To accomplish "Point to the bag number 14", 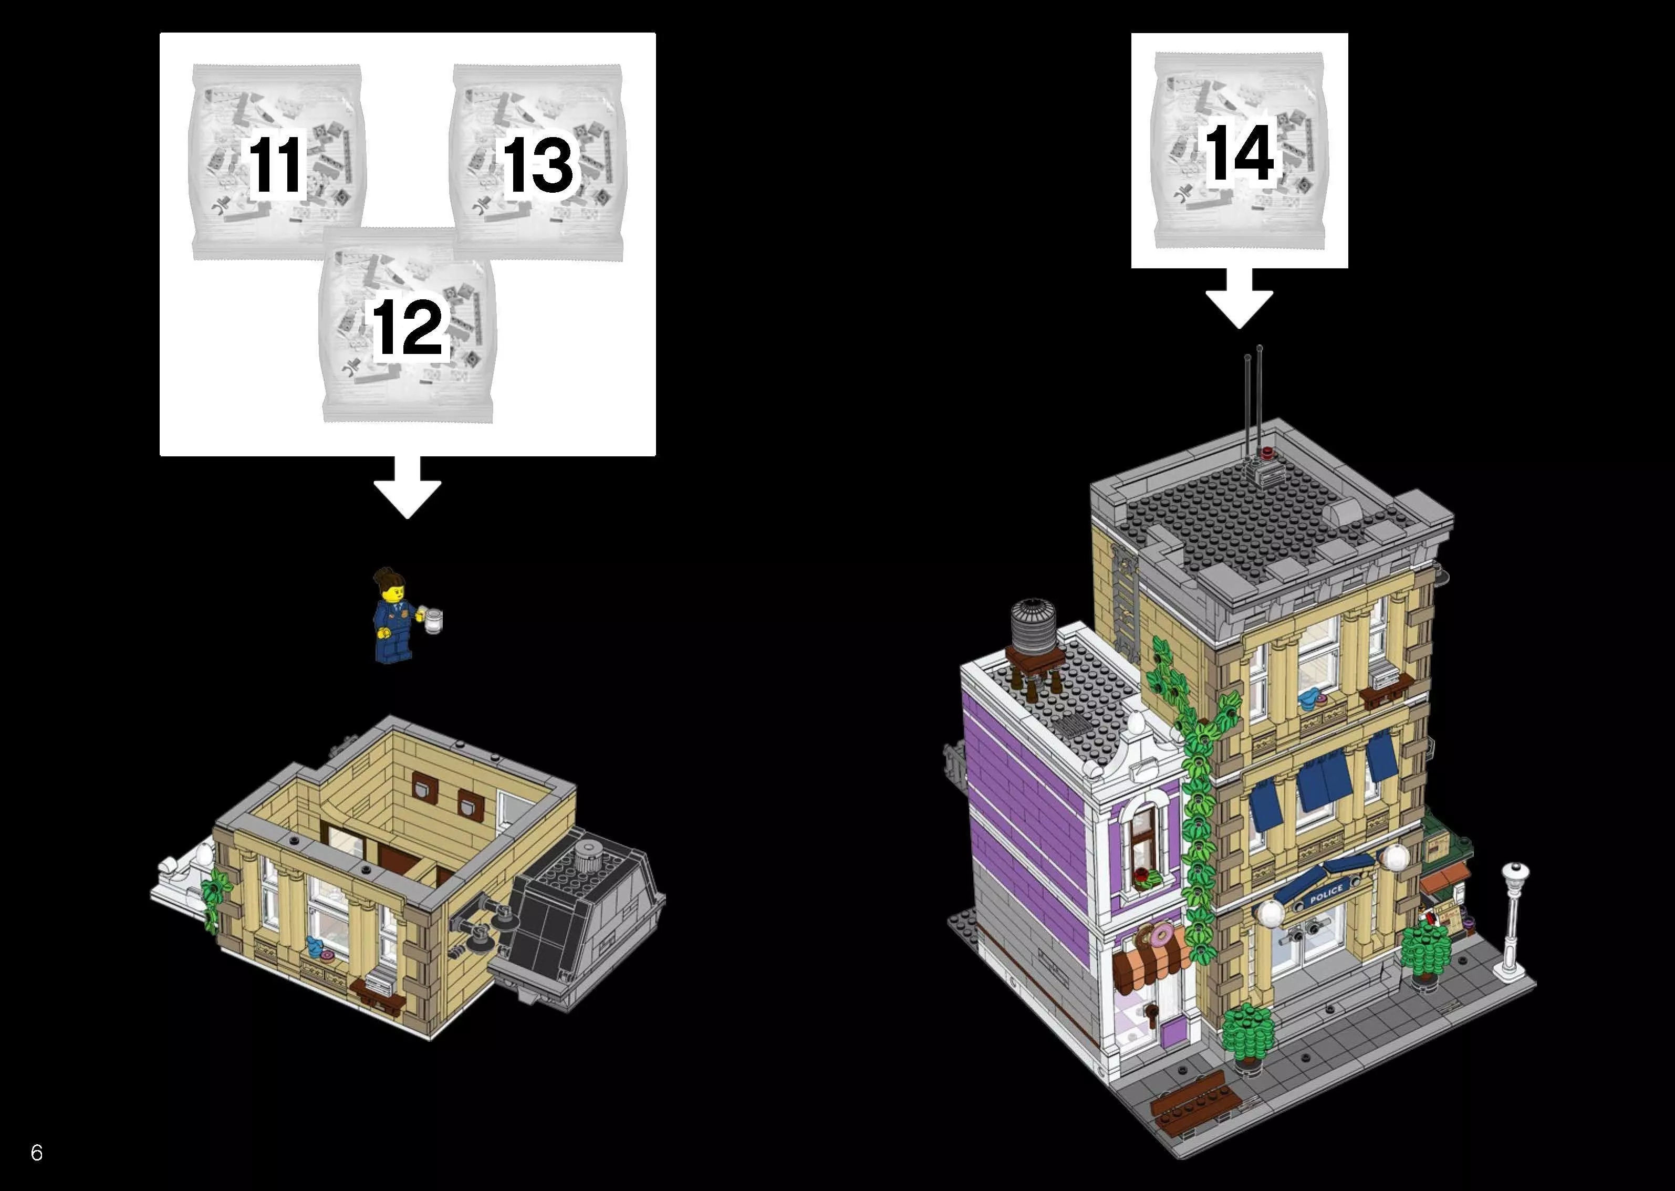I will click(x=1240, y=152).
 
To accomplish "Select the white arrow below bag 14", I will click(x=1240, y=298).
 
